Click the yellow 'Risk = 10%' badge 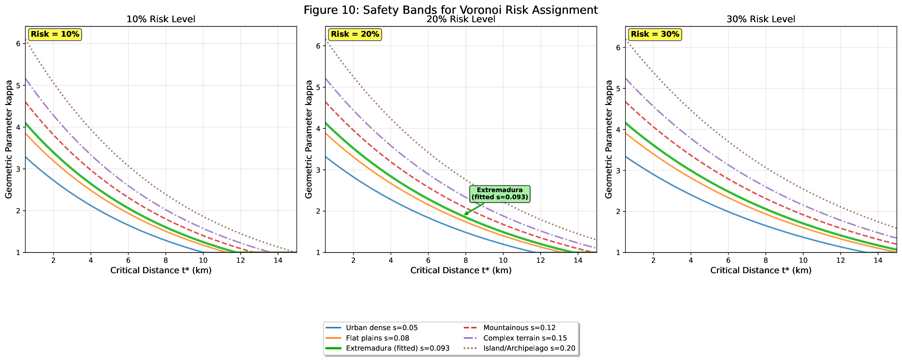click(55, 34)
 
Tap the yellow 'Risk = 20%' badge click(355, 34)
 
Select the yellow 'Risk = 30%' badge click(655, 34)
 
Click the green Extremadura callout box click(500, 194)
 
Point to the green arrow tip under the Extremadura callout click(465, 214)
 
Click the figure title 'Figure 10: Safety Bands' click(450, 9)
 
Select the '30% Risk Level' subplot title click(761, 19)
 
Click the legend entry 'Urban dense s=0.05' click(382, 328)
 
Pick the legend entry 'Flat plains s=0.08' click(377, 338)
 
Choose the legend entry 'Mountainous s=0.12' click(519, 328)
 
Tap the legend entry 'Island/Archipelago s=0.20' click(529, 348)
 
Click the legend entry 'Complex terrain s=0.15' click(525, 338)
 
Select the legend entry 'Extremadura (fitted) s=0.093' click(397, 348)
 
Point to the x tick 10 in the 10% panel click(203, 260)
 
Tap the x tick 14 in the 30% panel click(878, 260)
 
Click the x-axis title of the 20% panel click(461, 271)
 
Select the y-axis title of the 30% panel click(609, 139)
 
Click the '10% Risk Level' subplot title click(161, 19)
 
